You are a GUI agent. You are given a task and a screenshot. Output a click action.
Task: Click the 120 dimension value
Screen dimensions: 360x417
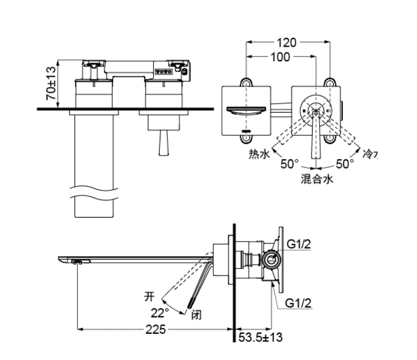coord(286,43)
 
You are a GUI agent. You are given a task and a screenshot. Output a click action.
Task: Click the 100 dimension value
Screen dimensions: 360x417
coord(280,57)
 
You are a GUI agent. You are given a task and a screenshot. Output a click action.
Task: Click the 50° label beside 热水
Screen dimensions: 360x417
coord(289,165)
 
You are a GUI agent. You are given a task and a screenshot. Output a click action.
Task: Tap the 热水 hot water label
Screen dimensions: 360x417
coord(258,155)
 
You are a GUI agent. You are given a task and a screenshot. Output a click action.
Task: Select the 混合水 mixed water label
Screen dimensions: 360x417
coord(316,180)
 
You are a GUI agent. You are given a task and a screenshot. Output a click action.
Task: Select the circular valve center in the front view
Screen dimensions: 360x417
coord(316,110)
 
